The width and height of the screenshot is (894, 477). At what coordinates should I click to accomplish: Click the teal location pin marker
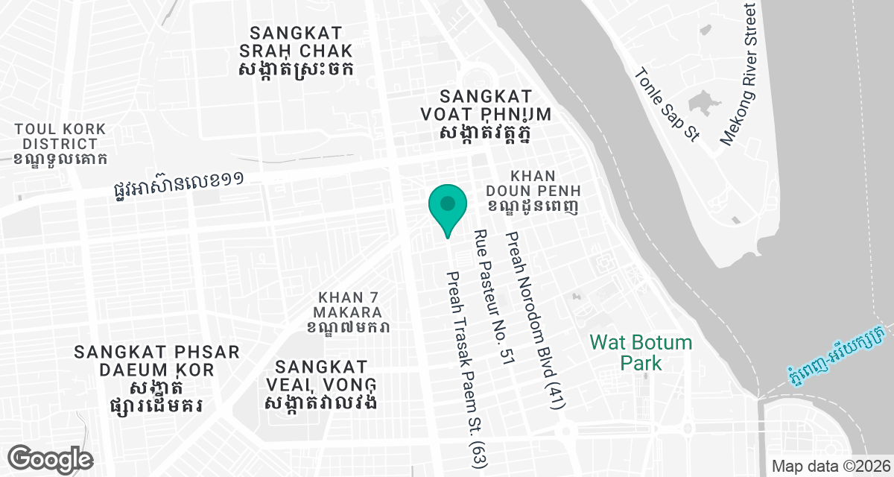[x=447, y=205]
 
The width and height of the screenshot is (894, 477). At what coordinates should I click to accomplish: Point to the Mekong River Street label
[x=739, y=75]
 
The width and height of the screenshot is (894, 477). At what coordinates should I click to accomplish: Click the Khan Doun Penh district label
[x=542, y=190]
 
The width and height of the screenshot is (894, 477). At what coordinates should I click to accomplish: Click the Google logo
[x=51, y=458]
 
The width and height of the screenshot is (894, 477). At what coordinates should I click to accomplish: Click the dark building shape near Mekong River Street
[x=702, y=104]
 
